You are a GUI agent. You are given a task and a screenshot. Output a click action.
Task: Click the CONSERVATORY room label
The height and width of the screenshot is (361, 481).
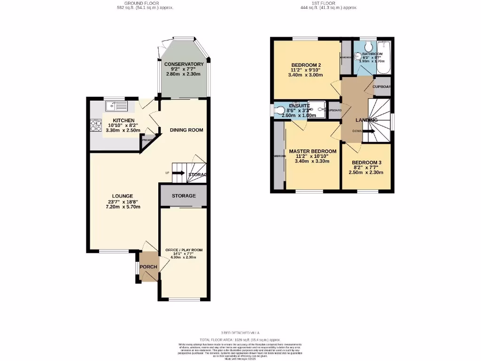pos(184,64)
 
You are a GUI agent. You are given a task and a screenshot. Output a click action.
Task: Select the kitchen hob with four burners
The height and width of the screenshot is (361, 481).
pos(96,126)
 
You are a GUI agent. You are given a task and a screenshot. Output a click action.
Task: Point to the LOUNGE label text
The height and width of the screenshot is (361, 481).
pos(123,196)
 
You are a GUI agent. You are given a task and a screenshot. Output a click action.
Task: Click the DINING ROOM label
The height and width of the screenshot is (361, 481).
pos(186,130)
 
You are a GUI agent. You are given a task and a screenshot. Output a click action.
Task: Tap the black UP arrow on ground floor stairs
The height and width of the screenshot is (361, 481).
pos(178,173)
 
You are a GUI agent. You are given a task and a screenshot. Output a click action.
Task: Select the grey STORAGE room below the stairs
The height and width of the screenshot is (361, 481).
pos(183,196)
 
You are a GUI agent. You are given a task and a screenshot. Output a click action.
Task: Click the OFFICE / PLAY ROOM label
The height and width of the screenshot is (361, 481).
pos(184,250)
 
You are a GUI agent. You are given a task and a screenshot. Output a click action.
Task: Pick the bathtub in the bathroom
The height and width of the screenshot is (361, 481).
pos(384,58)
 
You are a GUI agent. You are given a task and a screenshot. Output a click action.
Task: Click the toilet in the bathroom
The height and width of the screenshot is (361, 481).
pos(368,47)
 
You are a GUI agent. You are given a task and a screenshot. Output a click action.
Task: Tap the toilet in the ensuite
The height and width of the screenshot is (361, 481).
pos(282,111)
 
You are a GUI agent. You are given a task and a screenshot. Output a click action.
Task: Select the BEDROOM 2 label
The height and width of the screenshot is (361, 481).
pos(306,65)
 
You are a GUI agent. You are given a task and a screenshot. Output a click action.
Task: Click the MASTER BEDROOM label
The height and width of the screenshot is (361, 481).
pos(312,151)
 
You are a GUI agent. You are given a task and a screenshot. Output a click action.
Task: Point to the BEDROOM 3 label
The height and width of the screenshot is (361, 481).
pos(366,163)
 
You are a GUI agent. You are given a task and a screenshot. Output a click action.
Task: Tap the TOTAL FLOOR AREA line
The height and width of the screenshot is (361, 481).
pos(240,339)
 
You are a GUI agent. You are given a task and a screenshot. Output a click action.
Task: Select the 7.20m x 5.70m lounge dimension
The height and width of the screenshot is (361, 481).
pos(123,207)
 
